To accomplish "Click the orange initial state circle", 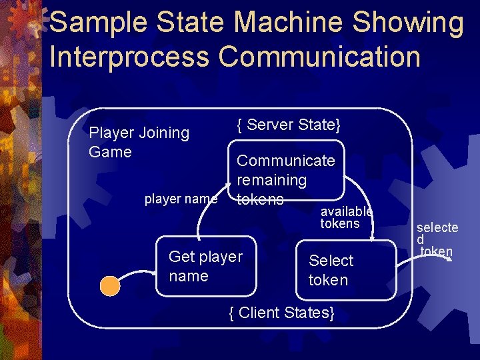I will click(x=110, y=286).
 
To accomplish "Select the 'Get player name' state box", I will click(x=206, y=266).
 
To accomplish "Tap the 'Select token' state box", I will click(x=345, y=270).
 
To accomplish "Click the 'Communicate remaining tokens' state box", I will click(x=287, y=171).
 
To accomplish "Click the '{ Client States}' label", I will click(x=281, y=311).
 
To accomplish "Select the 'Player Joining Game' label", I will click(x=139, y=142).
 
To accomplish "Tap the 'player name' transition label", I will click(x=181, y=199).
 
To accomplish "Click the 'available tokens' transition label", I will click(x=346, y=217).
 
